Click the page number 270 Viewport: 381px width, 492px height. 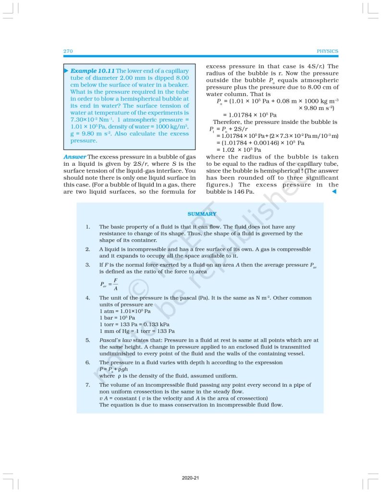(x=68, y=51)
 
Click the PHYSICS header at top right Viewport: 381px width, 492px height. (x=328, y=51)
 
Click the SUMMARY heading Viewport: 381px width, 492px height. (x=202, y=214)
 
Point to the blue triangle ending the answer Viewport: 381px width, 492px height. (x=334, y=192)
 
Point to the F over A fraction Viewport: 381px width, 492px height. (x=114, y=284)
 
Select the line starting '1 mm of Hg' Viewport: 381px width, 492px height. (x=137, y=331)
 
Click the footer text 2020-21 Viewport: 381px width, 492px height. (x=190, y=478)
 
